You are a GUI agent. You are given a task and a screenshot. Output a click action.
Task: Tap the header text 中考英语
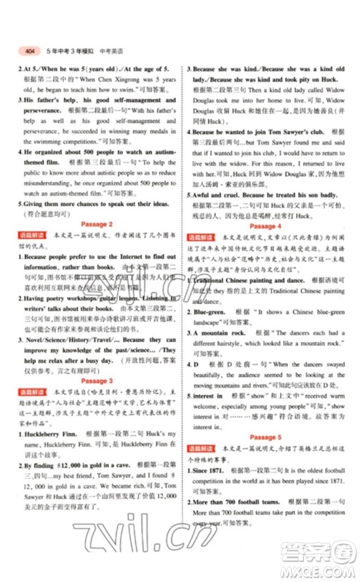pyautogui.click(x=112, y=51)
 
